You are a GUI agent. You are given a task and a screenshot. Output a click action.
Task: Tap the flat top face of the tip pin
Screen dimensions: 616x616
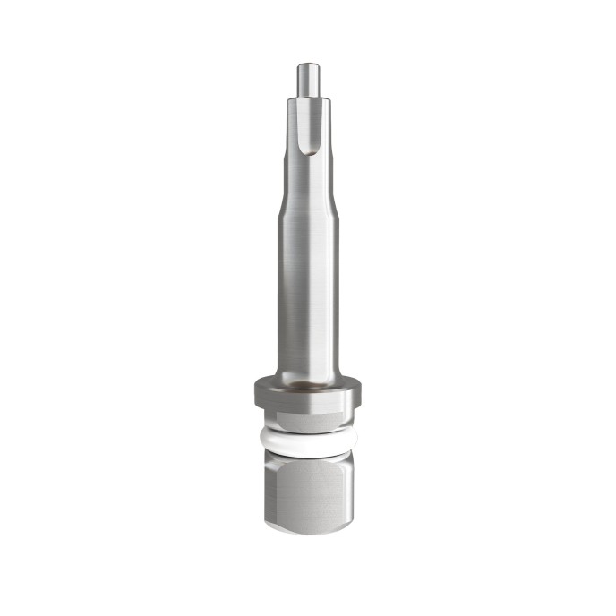308,64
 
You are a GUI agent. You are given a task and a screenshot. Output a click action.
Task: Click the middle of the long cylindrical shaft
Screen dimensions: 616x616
308,287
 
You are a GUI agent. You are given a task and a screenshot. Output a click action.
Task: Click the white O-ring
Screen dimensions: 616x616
308,441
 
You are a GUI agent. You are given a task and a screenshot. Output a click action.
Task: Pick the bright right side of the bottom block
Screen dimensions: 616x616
347,492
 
